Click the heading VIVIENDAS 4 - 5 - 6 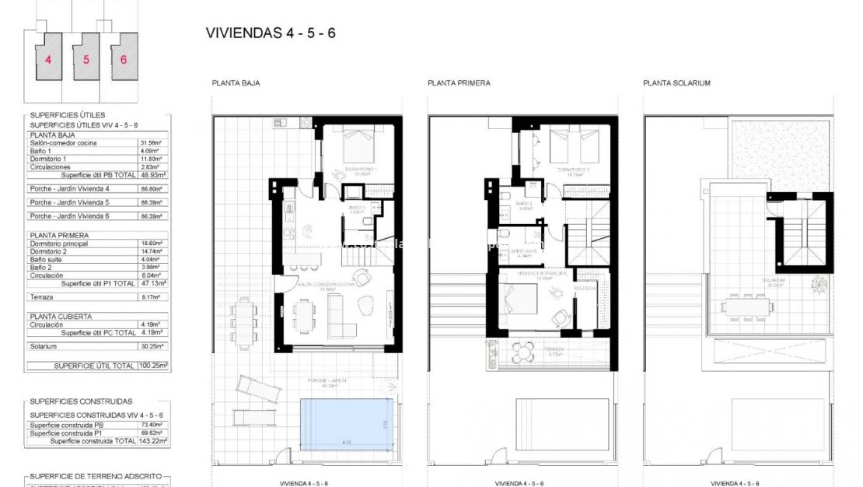pos(271,33)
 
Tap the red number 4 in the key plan pos(48,59)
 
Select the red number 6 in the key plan pos(124,59)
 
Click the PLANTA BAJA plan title pos(236,83)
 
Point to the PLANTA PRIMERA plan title pos(459,83)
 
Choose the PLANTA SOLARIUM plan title pos(676,83)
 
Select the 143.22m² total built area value pos(153,441)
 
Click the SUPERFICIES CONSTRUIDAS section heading pos(81,401)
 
